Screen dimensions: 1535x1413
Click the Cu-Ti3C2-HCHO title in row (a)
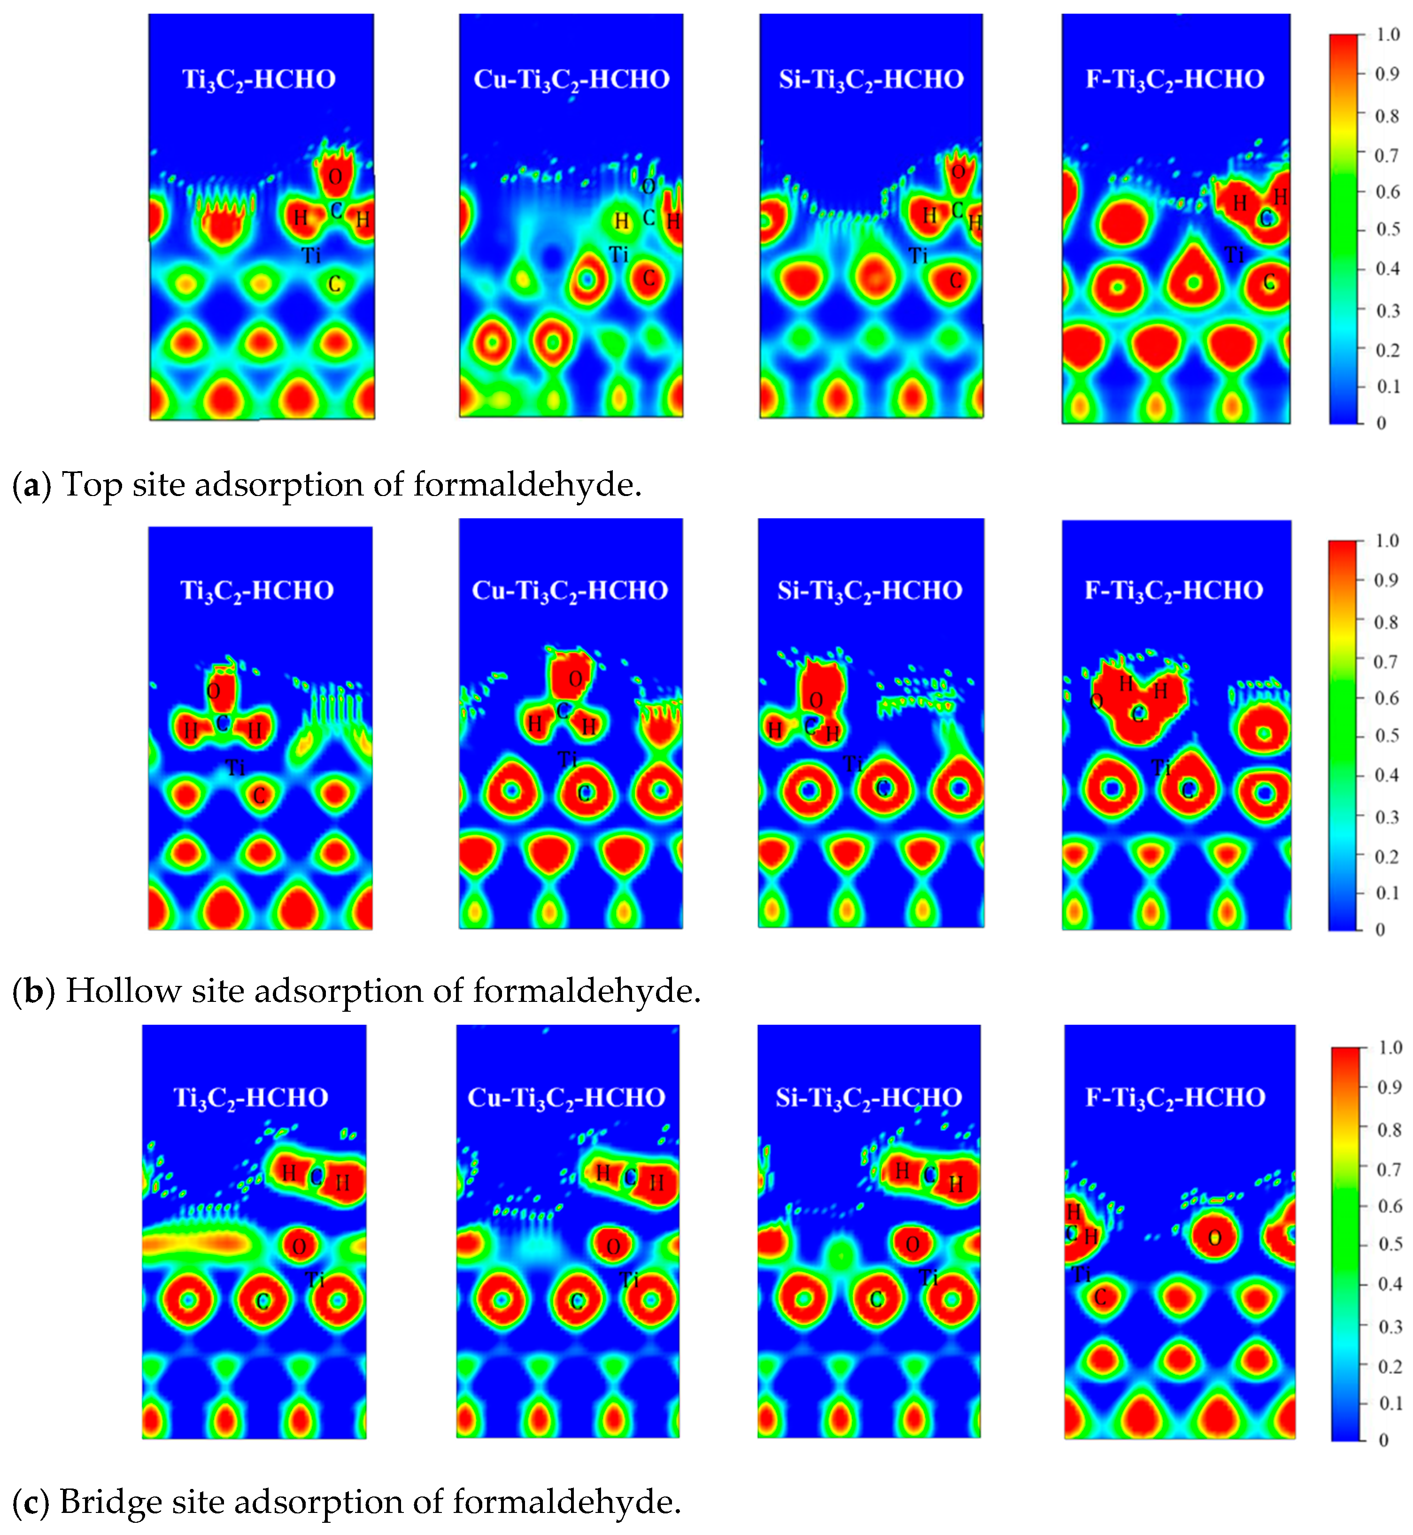click(x=571, y=79)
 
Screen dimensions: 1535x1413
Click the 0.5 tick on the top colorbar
click(x=1387, y=229)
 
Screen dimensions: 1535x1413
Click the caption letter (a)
click(x=31, y=485)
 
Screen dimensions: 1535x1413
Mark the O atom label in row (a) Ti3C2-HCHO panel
click(x=335, y=178)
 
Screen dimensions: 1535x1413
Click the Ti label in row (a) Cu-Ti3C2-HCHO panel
click(x=618, y=255)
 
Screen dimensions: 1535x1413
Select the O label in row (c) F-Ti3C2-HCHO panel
click(x=1215, y=1238)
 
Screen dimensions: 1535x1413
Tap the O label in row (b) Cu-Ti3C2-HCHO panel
click(x=576, y=679)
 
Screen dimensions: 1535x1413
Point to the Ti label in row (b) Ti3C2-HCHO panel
click(x=236, y=767)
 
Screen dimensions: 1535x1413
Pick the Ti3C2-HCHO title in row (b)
click(x=257, y=590)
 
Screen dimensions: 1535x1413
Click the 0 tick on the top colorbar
click(x=1381, y=423)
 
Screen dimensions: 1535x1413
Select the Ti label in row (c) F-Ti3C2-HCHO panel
click(x=1081, y=1275)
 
